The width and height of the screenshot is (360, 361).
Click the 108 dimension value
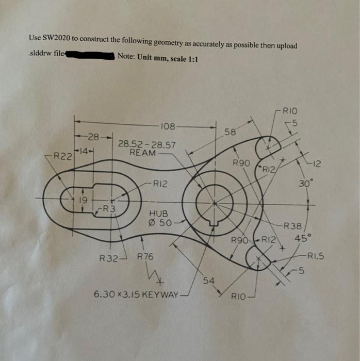[x=168, y=126]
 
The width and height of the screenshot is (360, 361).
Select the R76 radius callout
[x=145, y=256]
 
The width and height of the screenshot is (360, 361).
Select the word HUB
[x=158, y=212]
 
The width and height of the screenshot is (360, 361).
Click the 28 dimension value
[x=93, y=137]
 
